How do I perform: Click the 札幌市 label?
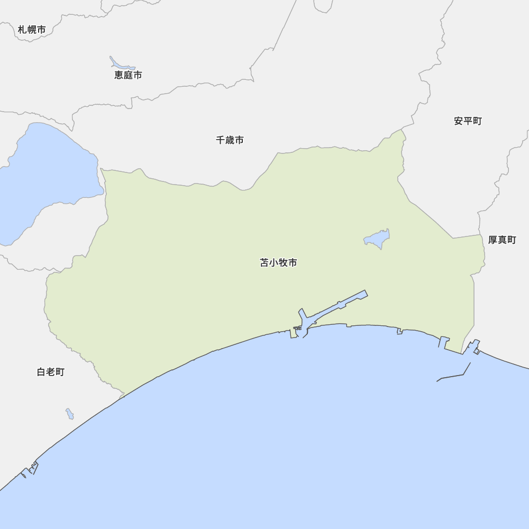32,30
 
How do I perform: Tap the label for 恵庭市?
128,75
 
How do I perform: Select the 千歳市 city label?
230,140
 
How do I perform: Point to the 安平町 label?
468,121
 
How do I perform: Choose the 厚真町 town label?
501,240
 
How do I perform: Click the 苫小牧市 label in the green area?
278,263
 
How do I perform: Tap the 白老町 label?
50,372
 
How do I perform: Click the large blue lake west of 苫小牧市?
42,175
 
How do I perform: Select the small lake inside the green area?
377,239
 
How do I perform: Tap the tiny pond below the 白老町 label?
70,414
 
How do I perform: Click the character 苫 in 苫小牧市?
264,263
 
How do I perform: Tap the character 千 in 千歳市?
221,140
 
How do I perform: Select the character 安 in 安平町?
459,121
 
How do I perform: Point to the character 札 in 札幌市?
22,30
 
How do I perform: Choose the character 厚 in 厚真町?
492,240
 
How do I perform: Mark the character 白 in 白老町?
41,372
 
